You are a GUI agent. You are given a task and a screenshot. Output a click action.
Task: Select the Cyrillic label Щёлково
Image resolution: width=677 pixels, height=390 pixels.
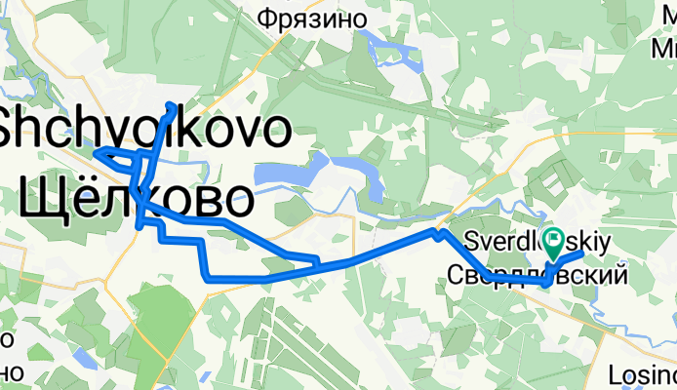pos(131,202)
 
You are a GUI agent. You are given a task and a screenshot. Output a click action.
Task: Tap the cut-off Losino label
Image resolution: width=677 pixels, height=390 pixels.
pos(641,373)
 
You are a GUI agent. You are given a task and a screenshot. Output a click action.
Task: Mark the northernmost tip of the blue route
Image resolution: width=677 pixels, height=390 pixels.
pos(173,104)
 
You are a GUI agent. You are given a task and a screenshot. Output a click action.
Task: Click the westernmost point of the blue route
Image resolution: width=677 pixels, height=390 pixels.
pos(95,152)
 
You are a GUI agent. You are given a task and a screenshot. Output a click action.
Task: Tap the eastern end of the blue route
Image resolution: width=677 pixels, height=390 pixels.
pos(581,253)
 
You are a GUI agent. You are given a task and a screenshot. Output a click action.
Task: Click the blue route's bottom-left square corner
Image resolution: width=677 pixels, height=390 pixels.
pos(207,279)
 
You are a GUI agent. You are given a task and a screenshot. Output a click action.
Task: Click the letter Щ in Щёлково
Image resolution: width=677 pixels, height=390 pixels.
pos(38,202)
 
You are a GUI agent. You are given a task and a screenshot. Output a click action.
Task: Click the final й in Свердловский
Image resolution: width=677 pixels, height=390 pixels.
pos(617,277)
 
